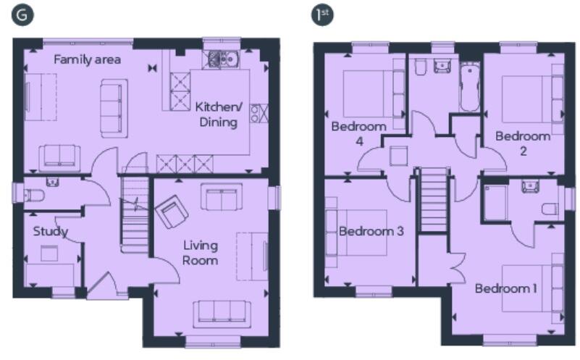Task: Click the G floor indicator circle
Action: pos(22,14)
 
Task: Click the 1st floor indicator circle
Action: pos(321,14)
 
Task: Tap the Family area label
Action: pos(87,59)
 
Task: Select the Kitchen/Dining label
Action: pos(217,114)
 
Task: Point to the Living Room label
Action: pos(200,253)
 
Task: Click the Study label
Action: pos(51,232)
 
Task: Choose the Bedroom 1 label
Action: pos(505,288)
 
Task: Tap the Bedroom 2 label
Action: pos(523,143)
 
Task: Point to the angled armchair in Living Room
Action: pos(172,212)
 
